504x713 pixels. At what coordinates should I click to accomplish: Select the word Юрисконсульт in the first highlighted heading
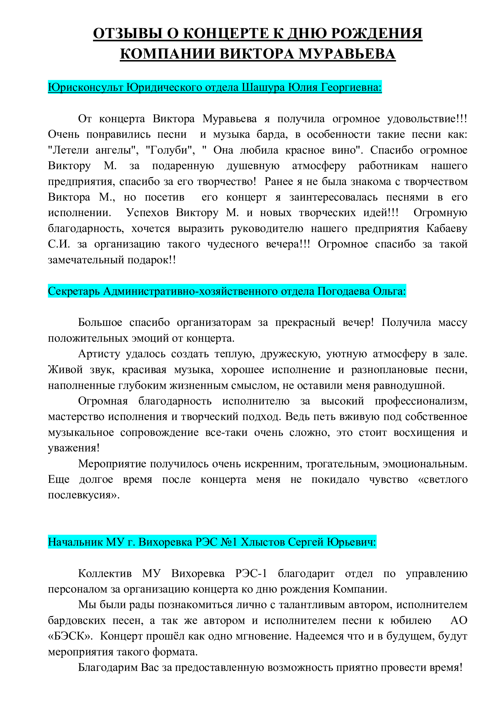coord(85,87)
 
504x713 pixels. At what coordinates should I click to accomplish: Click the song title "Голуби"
coord(170,150)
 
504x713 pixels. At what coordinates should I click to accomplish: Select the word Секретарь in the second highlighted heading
coord(73,291)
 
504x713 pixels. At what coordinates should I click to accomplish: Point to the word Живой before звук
coord(65,369)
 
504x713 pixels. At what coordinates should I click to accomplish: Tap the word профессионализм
coord(421,401)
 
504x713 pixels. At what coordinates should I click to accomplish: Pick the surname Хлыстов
coord(263,542)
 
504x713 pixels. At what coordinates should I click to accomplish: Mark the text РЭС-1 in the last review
coord(251,573)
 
